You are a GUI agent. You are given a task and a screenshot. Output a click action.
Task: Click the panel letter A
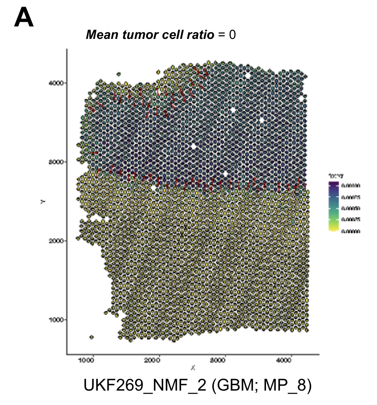24,18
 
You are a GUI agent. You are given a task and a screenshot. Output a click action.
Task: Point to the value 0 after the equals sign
233,35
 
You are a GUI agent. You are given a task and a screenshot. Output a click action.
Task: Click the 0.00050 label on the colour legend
350,208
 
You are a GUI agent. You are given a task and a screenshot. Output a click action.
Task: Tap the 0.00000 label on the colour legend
350,231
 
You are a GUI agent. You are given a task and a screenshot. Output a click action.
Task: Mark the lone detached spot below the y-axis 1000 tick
92,337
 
